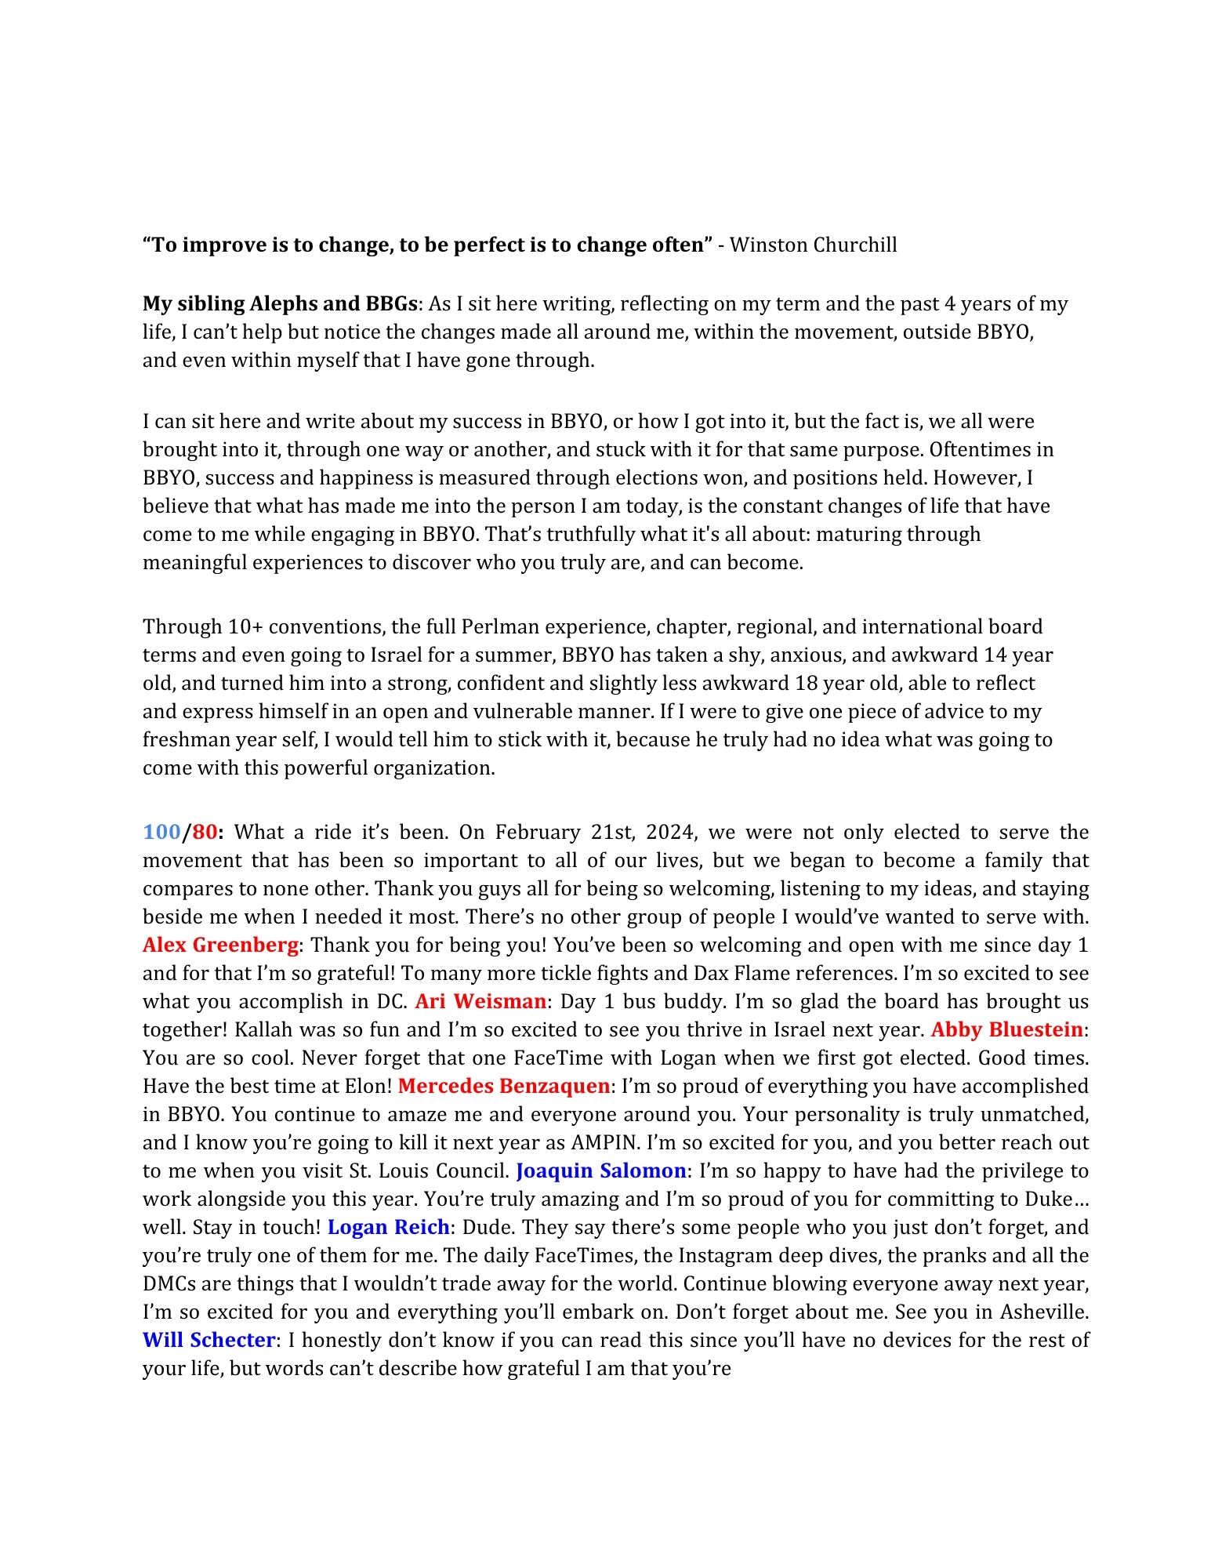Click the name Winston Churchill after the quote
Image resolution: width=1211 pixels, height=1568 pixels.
tap(813, 245)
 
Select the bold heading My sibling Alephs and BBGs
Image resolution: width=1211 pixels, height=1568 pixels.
tap(281, 303)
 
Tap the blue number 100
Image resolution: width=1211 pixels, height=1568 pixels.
tap(162, 832)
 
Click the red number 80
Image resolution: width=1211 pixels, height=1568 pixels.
tap(205, 832)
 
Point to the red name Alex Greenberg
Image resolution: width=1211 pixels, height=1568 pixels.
tap(220, 945)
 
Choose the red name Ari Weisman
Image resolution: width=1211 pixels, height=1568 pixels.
tap(480, 1001)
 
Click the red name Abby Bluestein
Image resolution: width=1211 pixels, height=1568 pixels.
tap(1006, 1029)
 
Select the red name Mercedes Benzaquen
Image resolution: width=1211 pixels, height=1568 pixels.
tap(504, 1086)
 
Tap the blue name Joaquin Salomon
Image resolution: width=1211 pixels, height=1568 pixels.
tap(601, 1171)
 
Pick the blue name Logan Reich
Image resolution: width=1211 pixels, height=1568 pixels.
tap(388, 1227)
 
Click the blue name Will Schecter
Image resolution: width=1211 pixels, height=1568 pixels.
tap(208, 1340)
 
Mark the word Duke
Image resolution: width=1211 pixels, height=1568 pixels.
tap(1048, 1199)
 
